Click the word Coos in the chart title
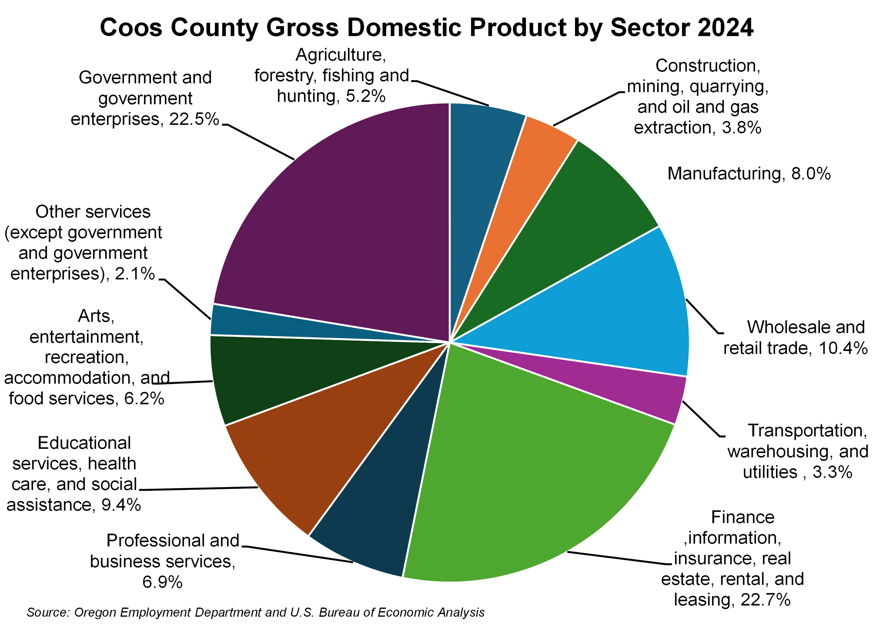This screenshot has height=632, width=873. [131, 28]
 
